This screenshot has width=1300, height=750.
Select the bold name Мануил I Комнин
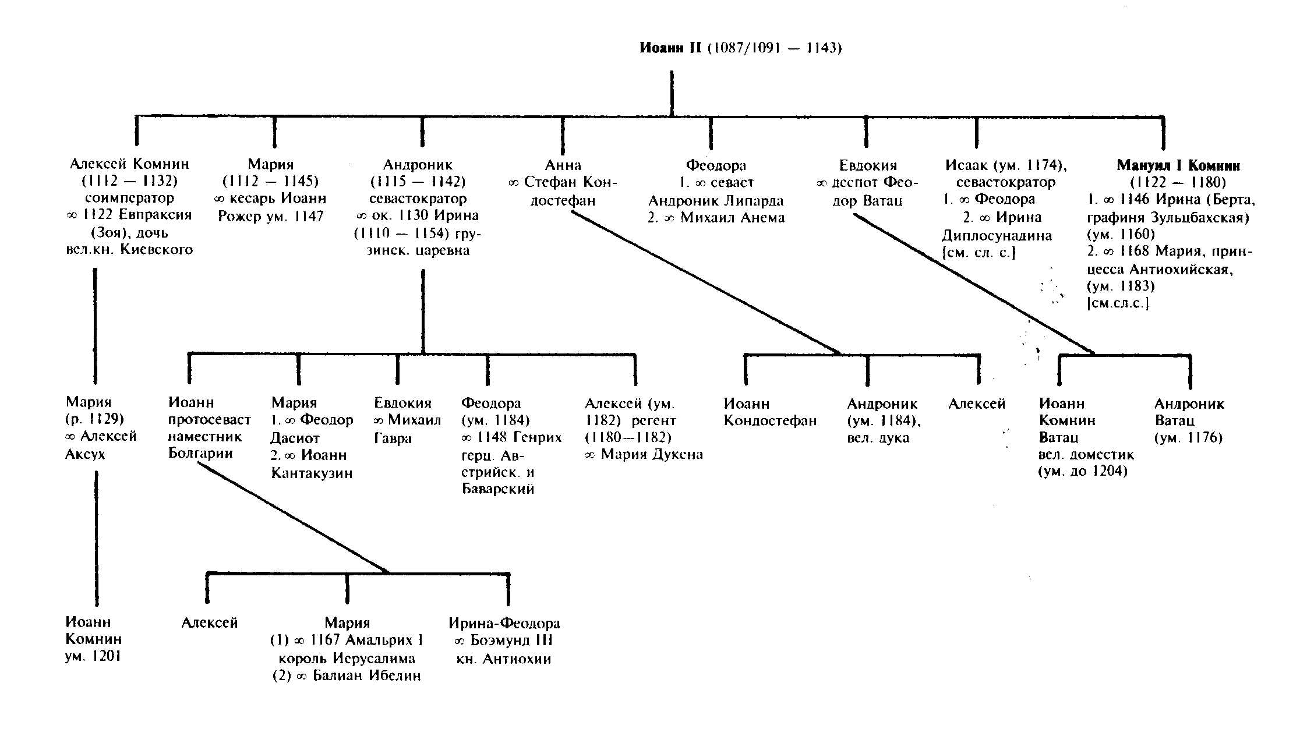click(x=1178, y=165)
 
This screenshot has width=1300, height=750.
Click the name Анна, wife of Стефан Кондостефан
click(x=563, y=165)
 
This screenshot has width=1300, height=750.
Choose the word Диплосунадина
click(x=997, y=236)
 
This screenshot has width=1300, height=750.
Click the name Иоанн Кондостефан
click(x=770, y=412)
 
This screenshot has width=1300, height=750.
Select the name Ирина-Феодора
click(x=504, y=623)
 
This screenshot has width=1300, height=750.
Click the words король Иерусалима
click(x=347, y=659)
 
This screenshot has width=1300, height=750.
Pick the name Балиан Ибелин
click(x=366, y=676)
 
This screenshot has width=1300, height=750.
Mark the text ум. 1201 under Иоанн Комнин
click(x=93, y=657)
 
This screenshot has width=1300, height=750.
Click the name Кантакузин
click(x=312, y=473)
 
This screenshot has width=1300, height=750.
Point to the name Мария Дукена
click(x=651, y=454)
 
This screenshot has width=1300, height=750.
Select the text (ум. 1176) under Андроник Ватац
click(x=1188, y=438)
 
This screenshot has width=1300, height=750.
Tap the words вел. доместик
click(x=1086, y=454)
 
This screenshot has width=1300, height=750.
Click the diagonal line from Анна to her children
click(x=705, y=282)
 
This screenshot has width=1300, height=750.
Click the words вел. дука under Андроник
click(x=878, y=438)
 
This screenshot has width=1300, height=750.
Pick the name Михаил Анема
click(x=732, y=218)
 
